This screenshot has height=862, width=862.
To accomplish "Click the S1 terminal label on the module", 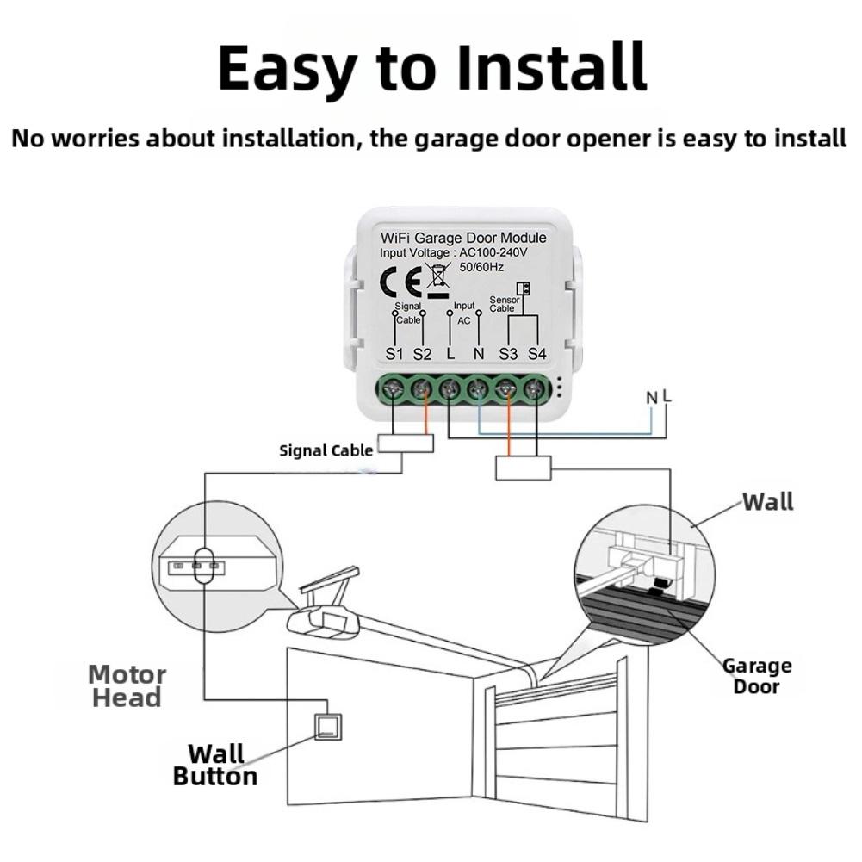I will point(394,354).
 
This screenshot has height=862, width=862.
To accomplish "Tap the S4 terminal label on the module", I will point(537,354).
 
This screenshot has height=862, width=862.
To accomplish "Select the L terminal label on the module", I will point(450,354).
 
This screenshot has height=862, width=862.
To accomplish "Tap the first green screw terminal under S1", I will point(394,390).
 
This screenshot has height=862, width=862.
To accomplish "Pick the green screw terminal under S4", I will point(536,390).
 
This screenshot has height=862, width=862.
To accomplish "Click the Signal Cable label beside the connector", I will point(326,450).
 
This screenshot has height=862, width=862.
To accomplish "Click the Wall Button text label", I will point(215,765).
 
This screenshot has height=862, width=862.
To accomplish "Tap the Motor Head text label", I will point(127,685).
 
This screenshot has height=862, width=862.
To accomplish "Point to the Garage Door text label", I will point(756,676).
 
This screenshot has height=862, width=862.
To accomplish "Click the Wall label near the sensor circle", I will point(768,501).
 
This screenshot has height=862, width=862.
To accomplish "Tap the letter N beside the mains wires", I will point(652,398).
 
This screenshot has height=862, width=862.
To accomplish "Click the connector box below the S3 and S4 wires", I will point(523,468).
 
